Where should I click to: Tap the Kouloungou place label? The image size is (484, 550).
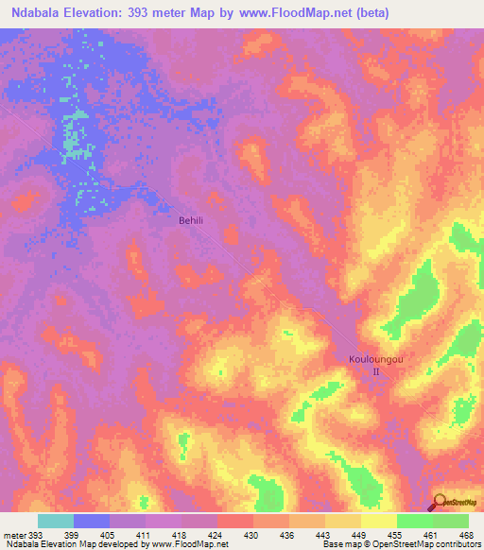click(x=374, y=360)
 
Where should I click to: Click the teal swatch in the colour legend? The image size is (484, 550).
click(x=56, y=521)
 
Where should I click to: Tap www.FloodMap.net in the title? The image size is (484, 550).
click(x=295, y=13)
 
